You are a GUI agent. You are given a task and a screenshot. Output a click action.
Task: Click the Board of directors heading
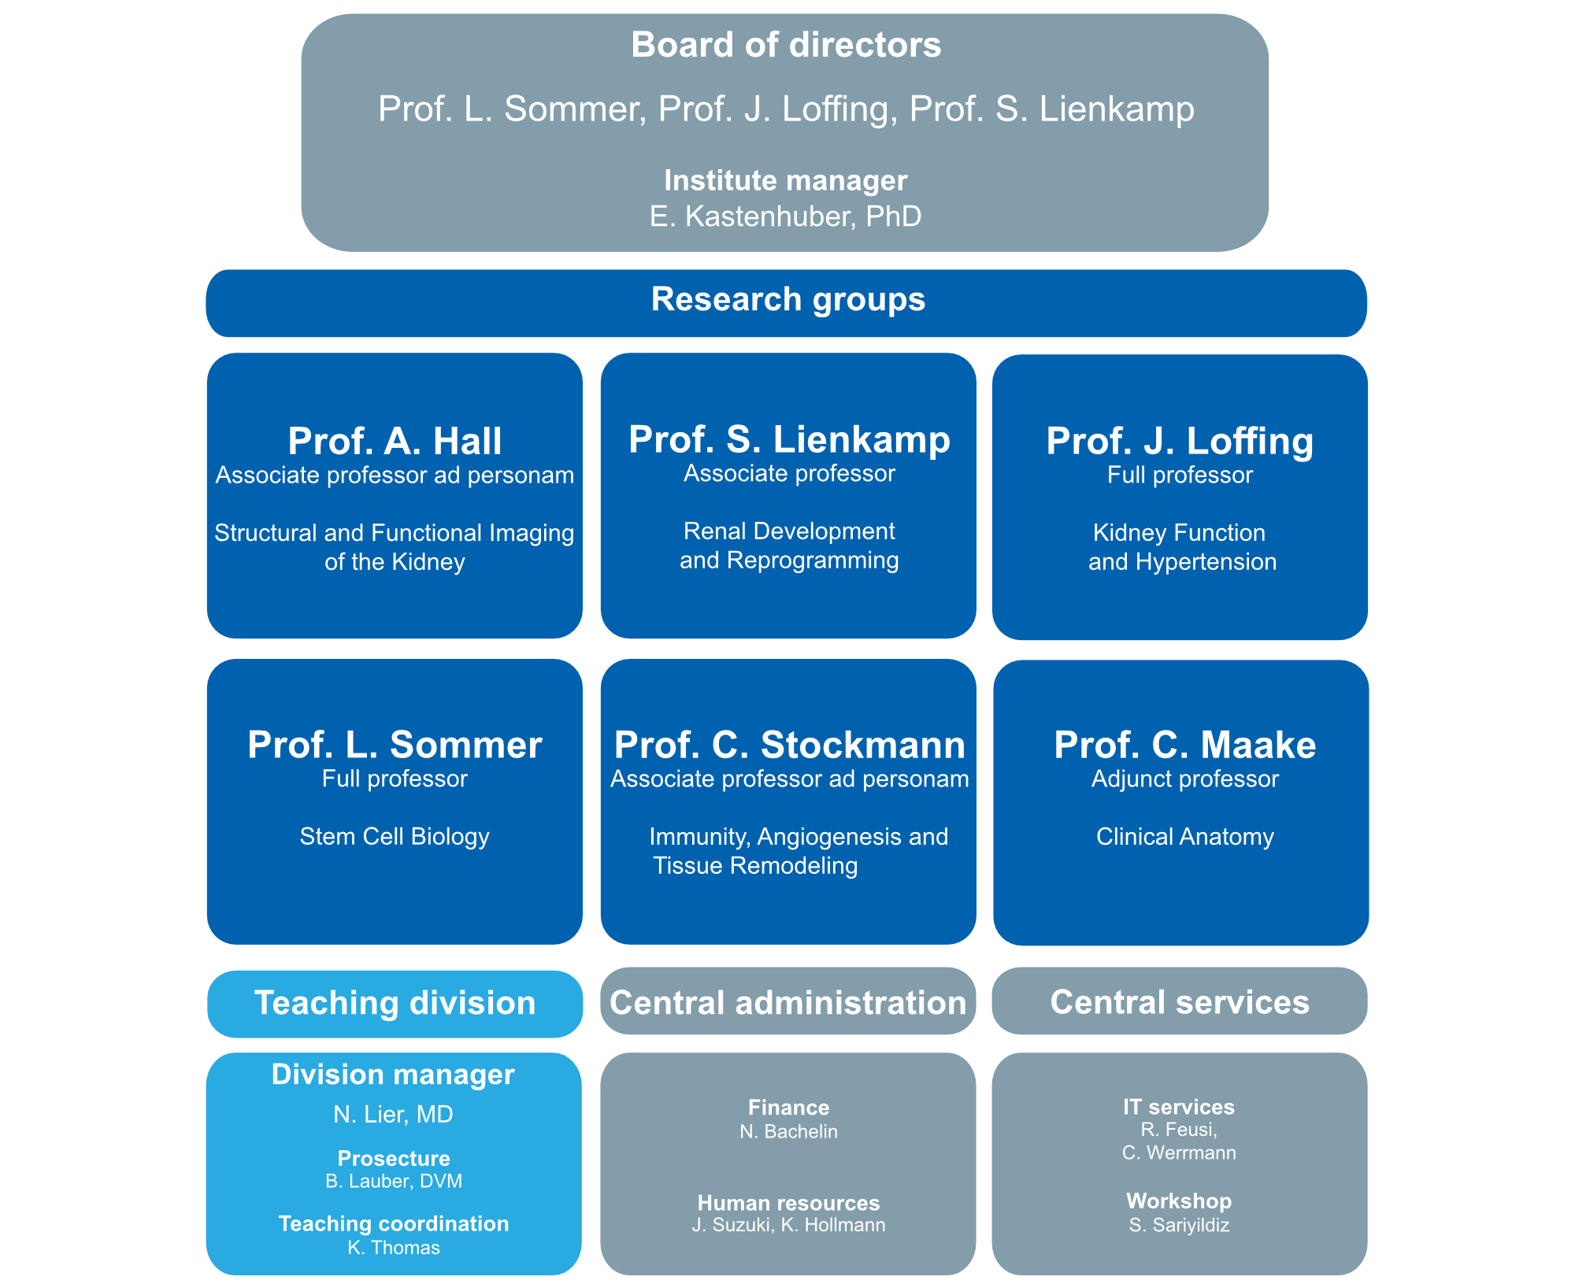pos(786,45)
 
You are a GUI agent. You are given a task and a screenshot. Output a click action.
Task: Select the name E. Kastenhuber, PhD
pos(785,216)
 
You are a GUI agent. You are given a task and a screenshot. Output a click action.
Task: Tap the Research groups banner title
pos(787,300)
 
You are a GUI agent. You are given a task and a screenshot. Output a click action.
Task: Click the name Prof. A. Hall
pos(395,441)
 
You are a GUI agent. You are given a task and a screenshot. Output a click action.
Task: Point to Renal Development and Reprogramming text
pos(788,546)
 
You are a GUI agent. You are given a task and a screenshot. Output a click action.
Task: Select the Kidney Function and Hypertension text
pos(1180,547)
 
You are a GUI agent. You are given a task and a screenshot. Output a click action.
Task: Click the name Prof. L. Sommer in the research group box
pos(395,745)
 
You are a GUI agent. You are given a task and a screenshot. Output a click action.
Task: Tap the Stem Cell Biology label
pos(395,836)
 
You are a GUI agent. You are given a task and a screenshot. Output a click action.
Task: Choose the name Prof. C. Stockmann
pos(789,745)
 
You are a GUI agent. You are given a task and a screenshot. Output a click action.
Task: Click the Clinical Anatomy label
pos(1184,836)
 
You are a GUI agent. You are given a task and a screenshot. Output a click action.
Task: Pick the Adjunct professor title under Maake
pos(1184,779)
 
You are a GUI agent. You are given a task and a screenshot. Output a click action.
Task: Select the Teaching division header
pos(395,1004)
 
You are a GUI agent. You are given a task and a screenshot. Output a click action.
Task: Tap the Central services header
pos(1179,1002)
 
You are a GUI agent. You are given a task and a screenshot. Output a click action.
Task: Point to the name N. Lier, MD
pos(393,1115)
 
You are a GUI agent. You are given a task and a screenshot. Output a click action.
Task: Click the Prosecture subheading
pos(393,1159)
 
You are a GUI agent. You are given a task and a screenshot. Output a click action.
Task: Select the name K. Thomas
pos(393,1248)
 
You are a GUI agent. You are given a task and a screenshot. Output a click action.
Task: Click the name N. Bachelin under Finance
pos(788,1132)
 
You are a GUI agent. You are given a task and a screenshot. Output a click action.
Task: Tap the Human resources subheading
pos(788,1203)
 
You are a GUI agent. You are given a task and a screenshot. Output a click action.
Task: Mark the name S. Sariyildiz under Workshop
pos(1179,1225)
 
